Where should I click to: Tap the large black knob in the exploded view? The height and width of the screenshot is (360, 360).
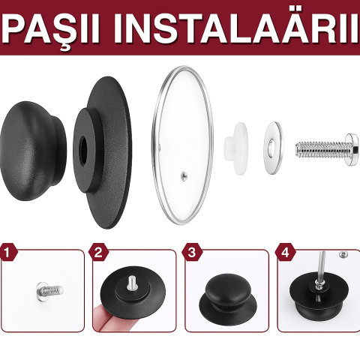coord(33,151)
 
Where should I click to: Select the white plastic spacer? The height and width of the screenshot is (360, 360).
coord(235,148)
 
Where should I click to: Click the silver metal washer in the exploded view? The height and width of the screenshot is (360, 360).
coord(274,148)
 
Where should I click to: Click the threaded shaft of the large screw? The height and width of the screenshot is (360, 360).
coord(320,149)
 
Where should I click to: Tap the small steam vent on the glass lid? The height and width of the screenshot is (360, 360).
coord(184,175)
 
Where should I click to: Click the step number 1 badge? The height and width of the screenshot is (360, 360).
coord(7,253)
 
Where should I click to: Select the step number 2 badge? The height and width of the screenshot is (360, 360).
coord(98,253)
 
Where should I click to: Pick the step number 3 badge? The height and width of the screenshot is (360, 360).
coord(192,253)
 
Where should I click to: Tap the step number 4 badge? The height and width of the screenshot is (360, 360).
coord(285,253)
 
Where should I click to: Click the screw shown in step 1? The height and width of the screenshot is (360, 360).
coord(49,289)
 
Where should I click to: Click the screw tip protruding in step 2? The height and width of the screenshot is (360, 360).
coord(131,283)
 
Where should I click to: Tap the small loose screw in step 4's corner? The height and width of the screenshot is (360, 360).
coord(344,254)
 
